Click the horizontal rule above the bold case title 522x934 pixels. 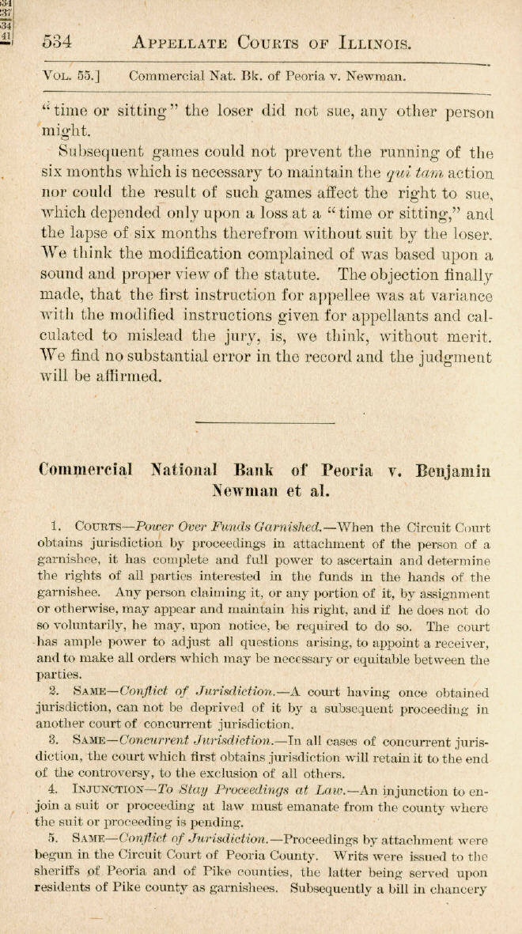coord(260,425)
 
